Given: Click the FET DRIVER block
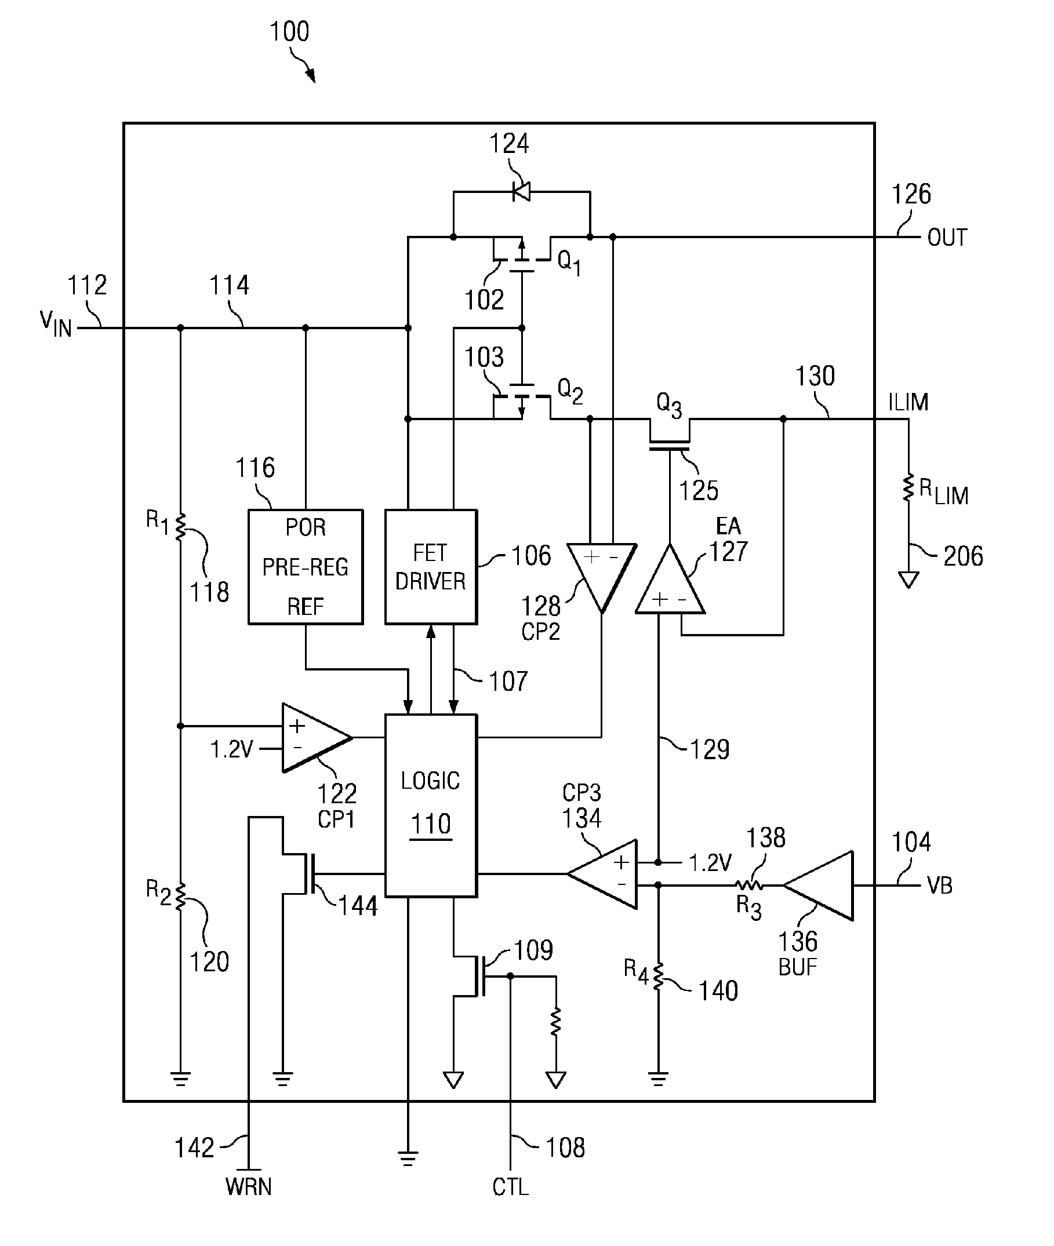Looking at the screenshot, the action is [431, 566].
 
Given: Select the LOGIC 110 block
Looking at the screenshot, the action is [431, 805].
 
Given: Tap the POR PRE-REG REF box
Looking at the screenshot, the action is [306, 566].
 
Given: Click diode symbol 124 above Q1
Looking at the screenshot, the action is [522, 192].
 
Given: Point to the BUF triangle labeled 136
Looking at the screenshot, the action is [818, 886].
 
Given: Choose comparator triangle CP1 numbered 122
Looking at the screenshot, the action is [317, 738].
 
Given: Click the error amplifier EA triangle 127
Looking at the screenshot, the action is [670, 579].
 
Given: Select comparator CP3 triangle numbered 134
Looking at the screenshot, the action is [602, 874].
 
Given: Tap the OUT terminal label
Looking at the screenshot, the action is [947, 238].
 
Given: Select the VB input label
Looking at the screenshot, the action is [939, 885].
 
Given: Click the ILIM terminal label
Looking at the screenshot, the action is [908, 402].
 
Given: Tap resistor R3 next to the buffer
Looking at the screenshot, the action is [748, 885].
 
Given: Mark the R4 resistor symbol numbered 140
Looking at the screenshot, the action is [658, 977].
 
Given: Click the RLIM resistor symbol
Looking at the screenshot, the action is [908, 487].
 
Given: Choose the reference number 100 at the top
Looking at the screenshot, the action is [289, 32].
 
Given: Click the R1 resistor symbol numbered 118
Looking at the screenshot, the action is [180, 526].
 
